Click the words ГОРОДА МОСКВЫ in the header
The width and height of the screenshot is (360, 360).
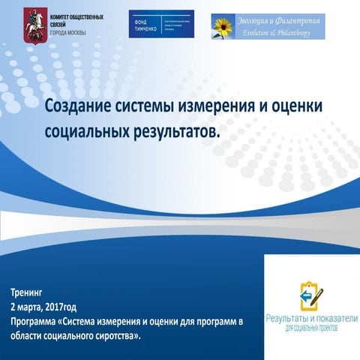pos(67,32)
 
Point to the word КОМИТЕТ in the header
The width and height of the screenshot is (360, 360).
pos(62,14)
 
